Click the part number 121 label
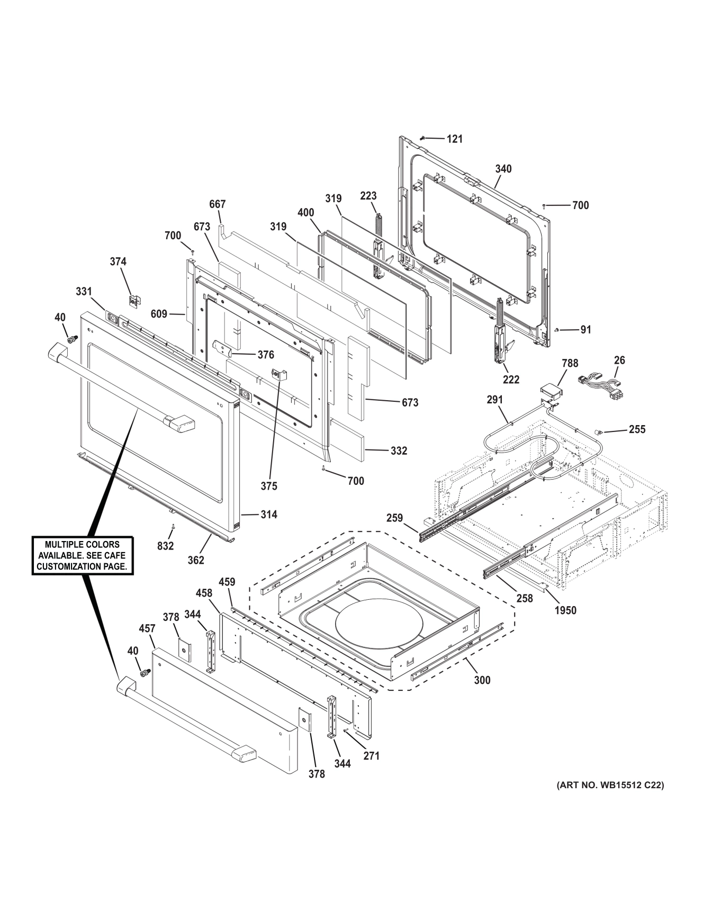[454, 139]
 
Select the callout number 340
[503, 169]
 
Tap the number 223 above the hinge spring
[368, 196]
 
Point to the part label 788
[570, 364]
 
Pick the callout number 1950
[565, 610]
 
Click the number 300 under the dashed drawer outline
[482, 680]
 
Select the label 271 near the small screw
[371, 756]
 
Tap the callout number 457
[147, 628]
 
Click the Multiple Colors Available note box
[82, 555]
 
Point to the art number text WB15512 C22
[610, 786]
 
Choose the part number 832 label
[165, 545]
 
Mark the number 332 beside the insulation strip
[399, 451]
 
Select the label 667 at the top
[217, 204]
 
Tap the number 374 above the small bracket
[118, 262]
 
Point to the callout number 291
[494, 400]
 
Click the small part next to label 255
[599, 431]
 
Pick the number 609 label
[158, 314]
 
